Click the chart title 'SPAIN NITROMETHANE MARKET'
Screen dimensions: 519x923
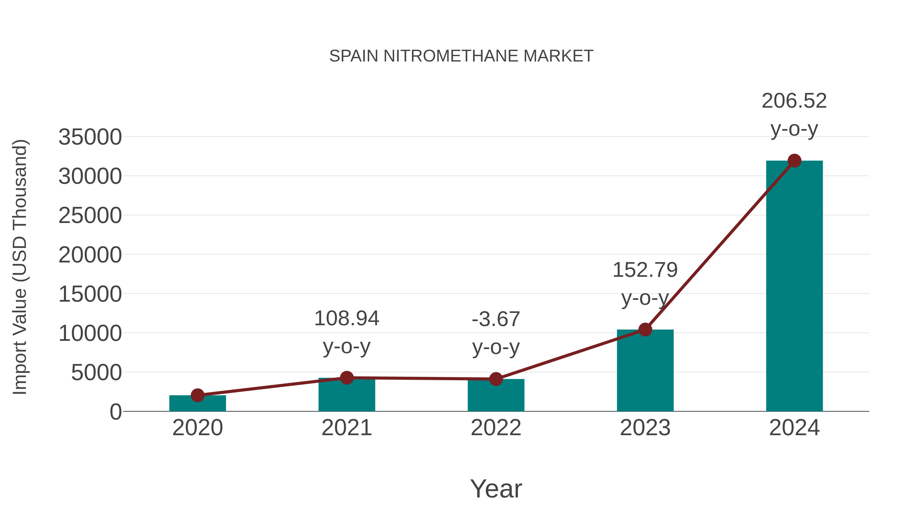tap(461, 56)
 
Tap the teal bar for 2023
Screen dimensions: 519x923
tap(645, 372)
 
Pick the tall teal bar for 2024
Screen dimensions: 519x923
tap(794, 287)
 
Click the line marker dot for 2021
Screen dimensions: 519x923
tap(346, 378)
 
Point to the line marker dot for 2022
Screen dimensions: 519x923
tap(496, 379)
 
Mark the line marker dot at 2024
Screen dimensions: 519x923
tap(794, 161)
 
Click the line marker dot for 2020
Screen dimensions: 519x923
tap(197, 395)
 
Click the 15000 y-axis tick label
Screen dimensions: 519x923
tap(90, 294)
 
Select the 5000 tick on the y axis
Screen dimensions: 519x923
tap(96, 373)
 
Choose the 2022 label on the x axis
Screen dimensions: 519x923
tap(496, 428)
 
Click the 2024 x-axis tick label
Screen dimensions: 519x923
tap(794, 428)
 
